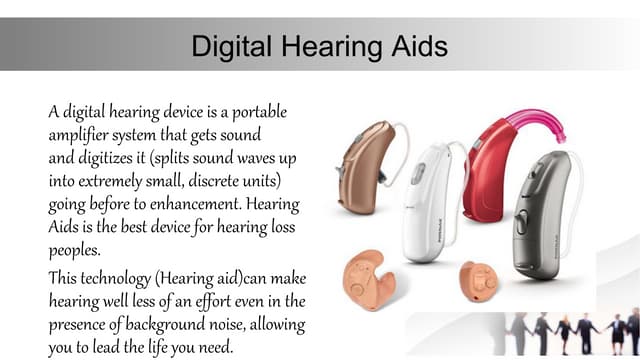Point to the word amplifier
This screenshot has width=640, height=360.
[x=82, y=134]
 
